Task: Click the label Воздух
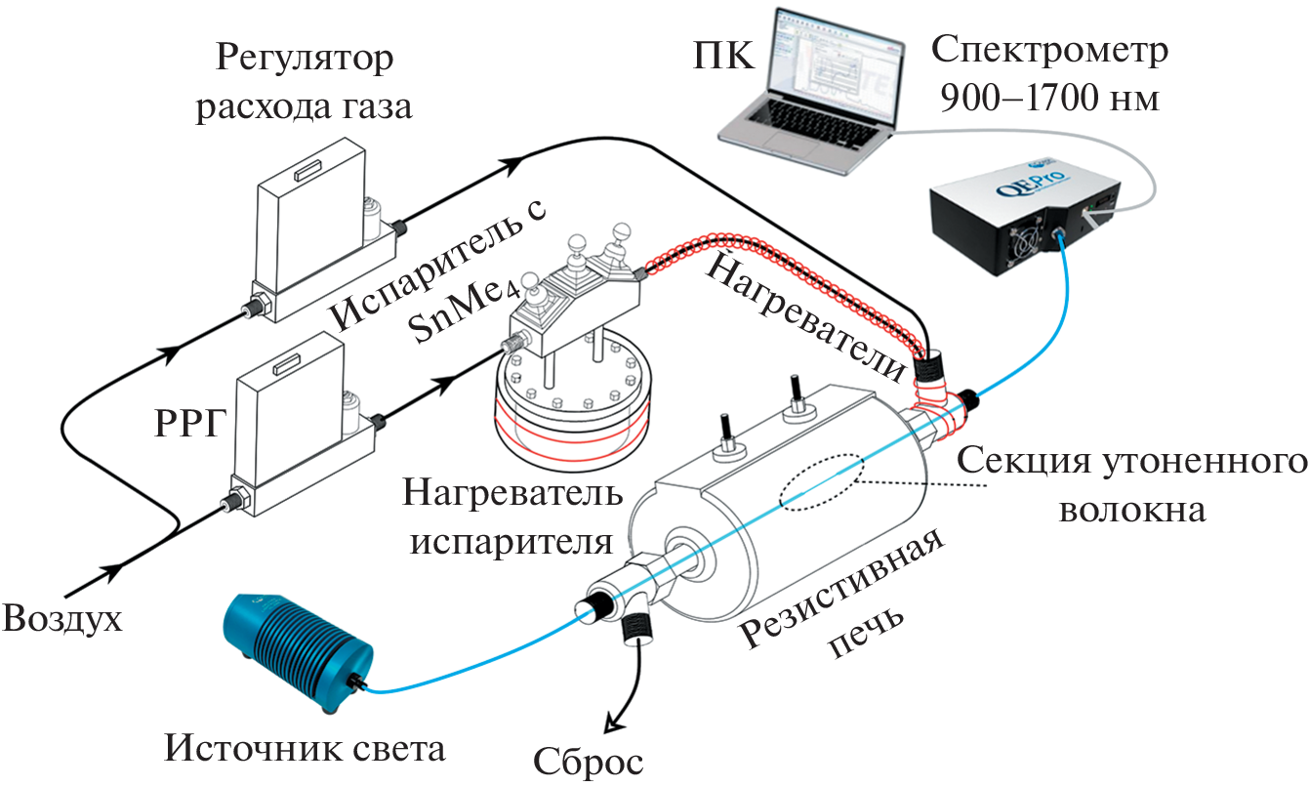pos(63,620)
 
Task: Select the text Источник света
pos(306,749)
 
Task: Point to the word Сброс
pos(589,761)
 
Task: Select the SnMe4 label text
pos(451,320)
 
